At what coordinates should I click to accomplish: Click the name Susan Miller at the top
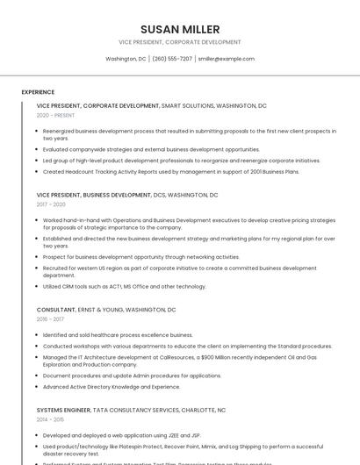(180, 29)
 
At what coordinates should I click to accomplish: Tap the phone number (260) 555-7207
(172, 59)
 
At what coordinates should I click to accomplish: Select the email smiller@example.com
(226, 59)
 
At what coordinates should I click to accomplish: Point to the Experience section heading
(38, 92)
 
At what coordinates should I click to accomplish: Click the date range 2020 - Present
(55, 115)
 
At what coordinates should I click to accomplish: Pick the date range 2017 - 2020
(51, 204)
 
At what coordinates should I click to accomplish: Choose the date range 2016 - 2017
(51, 319)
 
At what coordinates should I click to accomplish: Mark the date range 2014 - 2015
(51, 419)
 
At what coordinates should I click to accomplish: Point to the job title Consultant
(56, 310)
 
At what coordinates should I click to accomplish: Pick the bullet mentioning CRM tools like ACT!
(125, 286)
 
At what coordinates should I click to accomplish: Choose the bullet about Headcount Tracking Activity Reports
(170, 172)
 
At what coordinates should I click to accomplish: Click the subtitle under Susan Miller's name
(180, 42)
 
